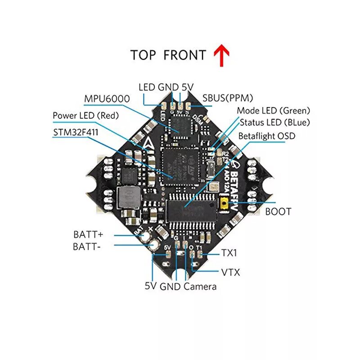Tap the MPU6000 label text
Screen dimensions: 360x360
[107, 99]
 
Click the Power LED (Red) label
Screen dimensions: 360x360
[85, 116]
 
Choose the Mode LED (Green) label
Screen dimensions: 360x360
[274, 110]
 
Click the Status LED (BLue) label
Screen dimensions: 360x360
[274, 122]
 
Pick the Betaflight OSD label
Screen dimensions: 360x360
[267, 135]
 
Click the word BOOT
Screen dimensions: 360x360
[278, 211]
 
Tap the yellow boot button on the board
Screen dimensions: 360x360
[224, 204]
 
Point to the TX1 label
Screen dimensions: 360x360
[229, 254]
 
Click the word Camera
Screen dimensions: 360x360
[200, 287]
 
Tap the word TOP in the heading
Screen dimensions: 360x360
[144, 55]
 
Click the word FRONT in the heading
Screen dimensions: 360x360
[184, 55]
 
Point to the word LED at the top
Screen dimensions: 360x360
[147, 87]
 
